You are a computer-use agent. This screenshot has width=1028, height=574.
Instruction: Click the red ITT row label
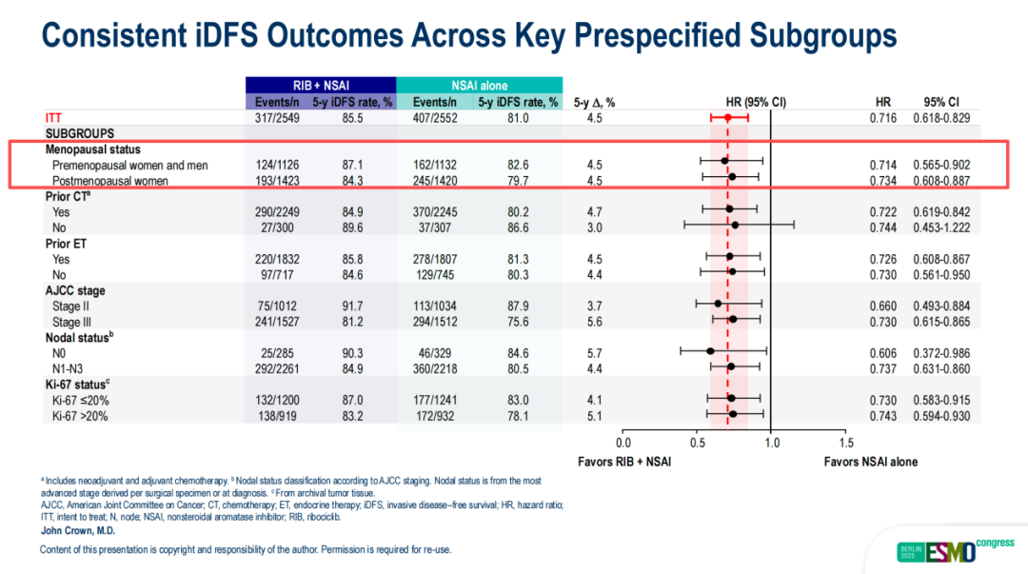[x=54, y=117]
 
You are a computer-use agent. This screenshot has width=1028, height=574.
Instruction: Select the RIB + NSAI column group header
[x=320, y=86]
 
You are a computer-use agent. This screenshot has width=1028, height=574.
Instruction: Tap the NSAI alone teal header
[x=479, y=86]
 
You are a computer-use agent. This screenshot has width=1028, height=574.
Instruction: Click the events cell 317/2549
[x=276, y=117]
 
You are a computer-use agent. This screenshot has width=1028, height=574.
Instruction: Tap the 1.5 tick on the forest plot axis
[x=846, y=442]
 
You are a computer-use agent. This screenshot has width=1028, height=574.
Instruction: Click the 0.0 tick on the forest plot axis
[x=623, y=442]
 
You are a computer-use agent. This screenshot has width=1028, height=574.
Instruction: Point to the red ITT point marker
[x=728, y=117]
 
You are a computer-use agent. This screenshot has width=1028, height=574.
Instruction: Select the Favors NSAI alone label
[x=871, y=462]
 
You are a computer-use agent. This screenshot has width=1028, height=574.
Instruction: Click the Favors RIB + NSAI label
[x=624, y=462]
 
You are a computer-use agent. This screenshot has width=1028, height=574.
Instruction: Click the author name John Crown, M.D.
[x=79, y=530]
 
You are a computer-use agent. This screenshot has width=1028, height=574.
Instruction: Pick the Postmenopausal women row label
[x=110, y=181]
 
